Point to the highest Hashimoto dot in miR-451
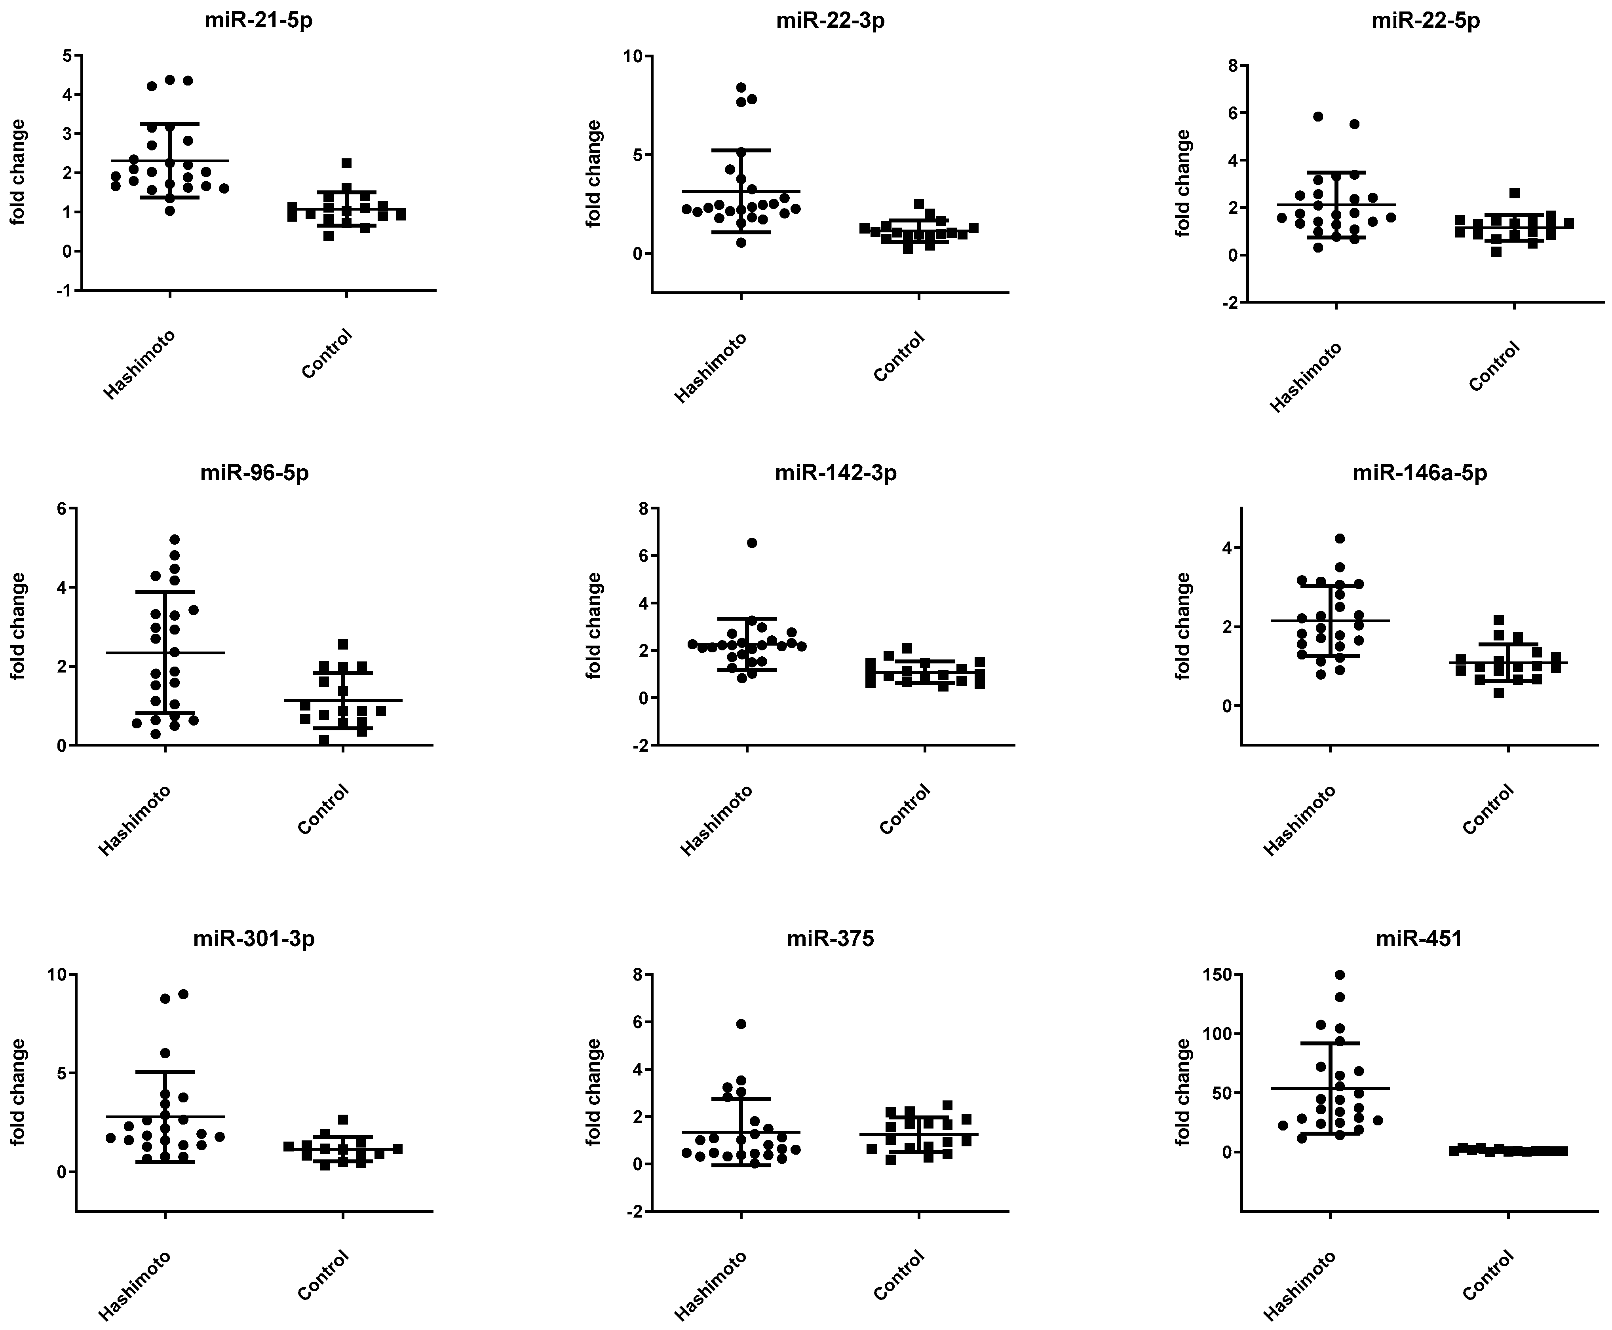coord(1340,975)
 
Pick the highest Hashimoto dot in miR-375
coord(741,1024)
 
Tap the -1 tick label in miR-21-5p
coord(65,291)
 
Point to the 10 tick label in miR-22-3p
coord(633,56)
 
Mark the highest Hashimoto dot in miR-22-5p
coord(1318,116)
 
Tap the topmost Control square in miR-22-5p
coord(1515,193)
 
